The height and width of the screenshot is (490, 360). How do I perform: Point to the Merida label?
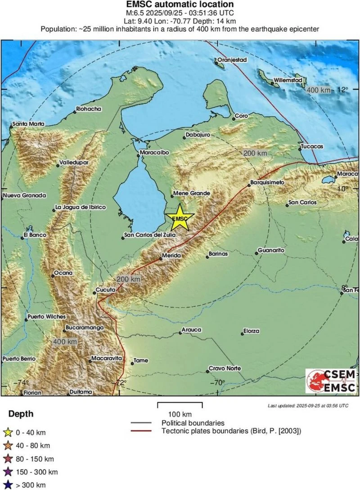171,256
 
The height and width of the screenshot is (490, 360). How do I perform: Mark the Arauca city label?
191,330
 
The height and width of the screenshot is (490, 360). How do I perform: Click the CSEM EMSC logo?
331,381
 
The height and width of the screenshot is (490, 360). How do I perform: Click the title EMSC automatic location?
180,5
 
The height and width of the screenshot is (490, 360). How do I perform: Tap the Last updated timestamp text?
308,405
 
